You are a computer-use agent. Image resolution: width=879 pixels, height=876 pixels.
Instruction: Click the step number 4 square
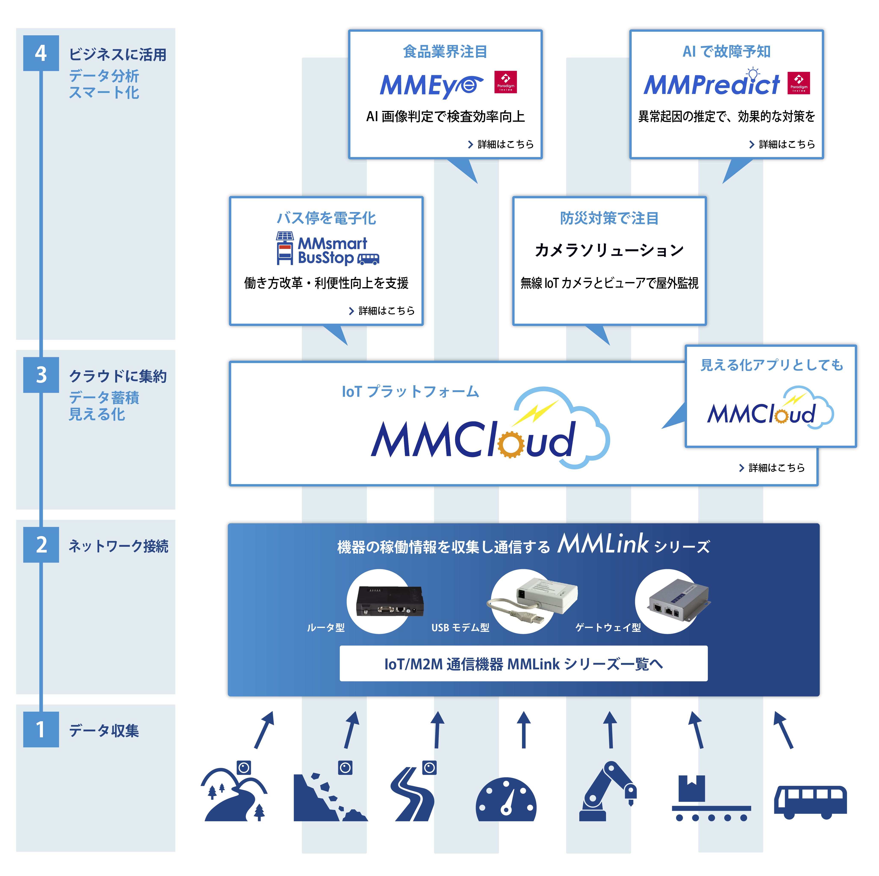[x=41, y=53]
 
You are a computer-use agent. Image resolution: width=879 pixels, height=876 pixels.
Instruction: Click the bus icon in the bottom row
[x=810, y=802]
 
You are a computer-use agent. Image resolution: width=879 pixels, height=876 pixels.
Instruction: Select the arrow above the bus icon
[x=783, y=730]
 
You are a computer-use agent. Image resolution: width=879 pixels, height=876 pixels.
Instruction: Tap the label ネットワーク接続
[x=118, y=546]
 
